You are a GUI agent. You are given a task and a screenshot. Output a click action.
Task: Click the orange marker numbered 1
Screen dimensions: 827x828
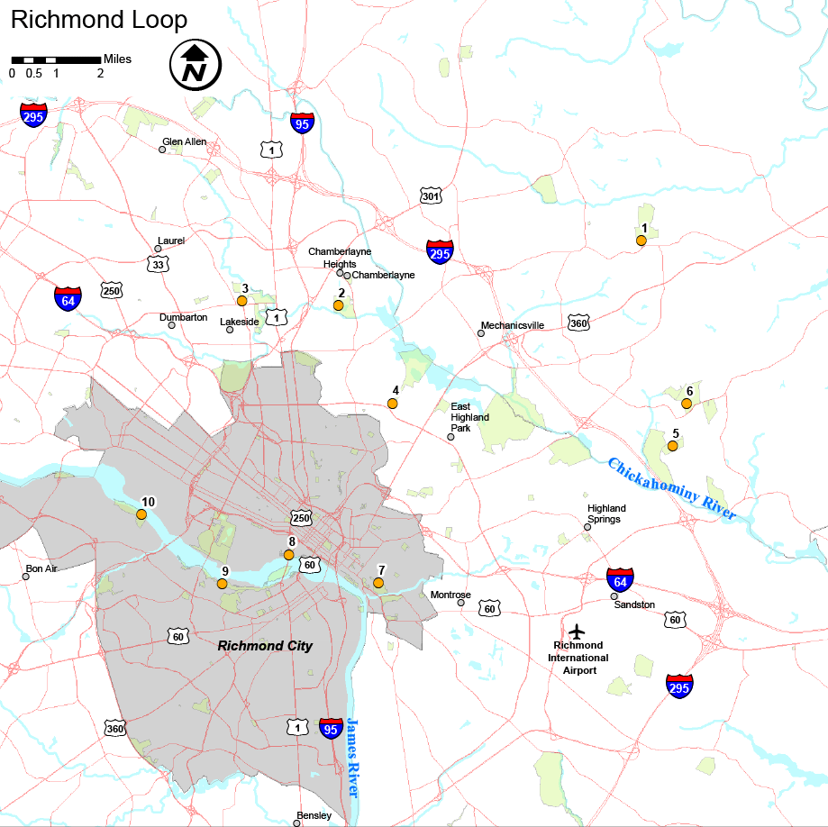coord(641,241)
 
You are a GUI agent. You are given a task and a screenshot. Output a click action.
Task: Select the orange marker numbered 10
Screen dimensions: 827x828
coord(141,514)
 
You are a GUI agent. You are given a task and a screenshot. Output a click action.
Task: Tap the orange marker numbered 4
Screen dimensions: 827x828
coord(393,403)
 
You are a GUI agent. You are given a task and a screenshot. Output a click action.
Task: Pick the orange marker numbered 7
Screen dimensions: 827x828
coord(378,583)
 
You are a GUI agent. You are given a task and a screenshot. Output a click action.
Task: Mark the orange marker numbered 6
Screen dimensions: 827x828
coord(687,404)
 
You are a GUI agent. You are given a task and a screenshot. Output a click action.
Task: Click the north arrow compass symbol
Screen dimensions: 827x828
coord(196,65)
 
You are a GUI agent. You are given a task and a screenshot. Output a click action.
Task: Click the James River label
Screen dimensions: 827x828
coord(352,758)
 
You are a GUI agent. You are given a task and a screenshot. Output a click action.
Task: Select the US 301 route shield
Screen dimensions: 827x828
coord(430,195)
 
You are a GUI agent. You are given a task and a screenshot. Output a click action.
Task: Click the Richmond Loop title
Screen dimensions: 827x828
coord(99,20)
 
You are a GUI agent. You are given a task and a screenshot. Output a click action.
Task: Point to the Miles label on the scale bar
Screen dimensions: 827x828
coord(117,59)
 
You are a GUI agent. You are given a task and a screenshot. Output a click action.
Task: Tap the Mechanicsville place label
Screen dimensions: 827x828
coord(513,325)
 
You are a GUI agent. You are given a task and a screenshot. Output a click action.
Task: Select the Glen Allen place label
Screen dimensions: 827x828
coord(184,141)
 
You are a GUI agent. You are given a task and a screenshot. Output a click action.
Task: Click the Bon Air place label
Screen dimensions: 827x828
coord(41,568)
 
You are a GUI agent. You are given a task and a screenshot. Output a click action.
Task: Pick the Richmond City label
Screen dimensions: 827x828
coord(265,646)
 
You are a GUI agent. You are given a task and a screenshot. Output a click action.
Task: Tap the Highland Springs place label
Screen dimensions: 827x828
coord(606,514)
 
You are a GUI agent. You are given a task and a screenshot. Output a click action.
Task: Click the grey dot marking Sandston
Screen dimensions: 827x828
coord(614,595)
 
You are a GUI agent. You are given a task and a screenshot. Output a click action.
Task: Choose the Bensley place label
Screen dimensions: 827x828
coord(314,815)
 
